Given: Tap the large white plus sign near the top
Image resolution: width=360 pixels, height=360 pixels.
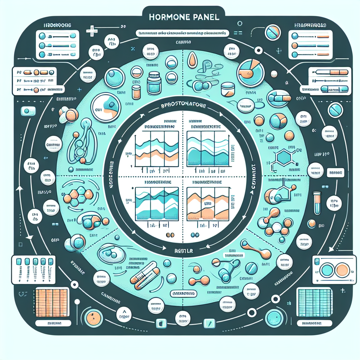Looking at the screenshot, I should pos(92,31).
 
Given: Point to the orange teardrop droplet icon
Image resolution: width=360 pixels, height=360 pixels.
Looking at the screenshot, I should pos(192,60).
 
